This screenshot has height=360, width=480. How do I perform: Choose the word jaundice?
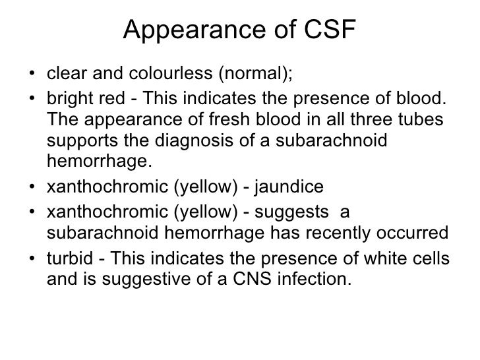(291, 187)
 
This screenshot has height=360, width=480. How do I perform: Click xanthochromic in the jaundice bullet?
(107, 187)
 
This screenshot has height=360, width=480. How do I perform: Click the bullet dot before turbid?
(34, 258)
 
